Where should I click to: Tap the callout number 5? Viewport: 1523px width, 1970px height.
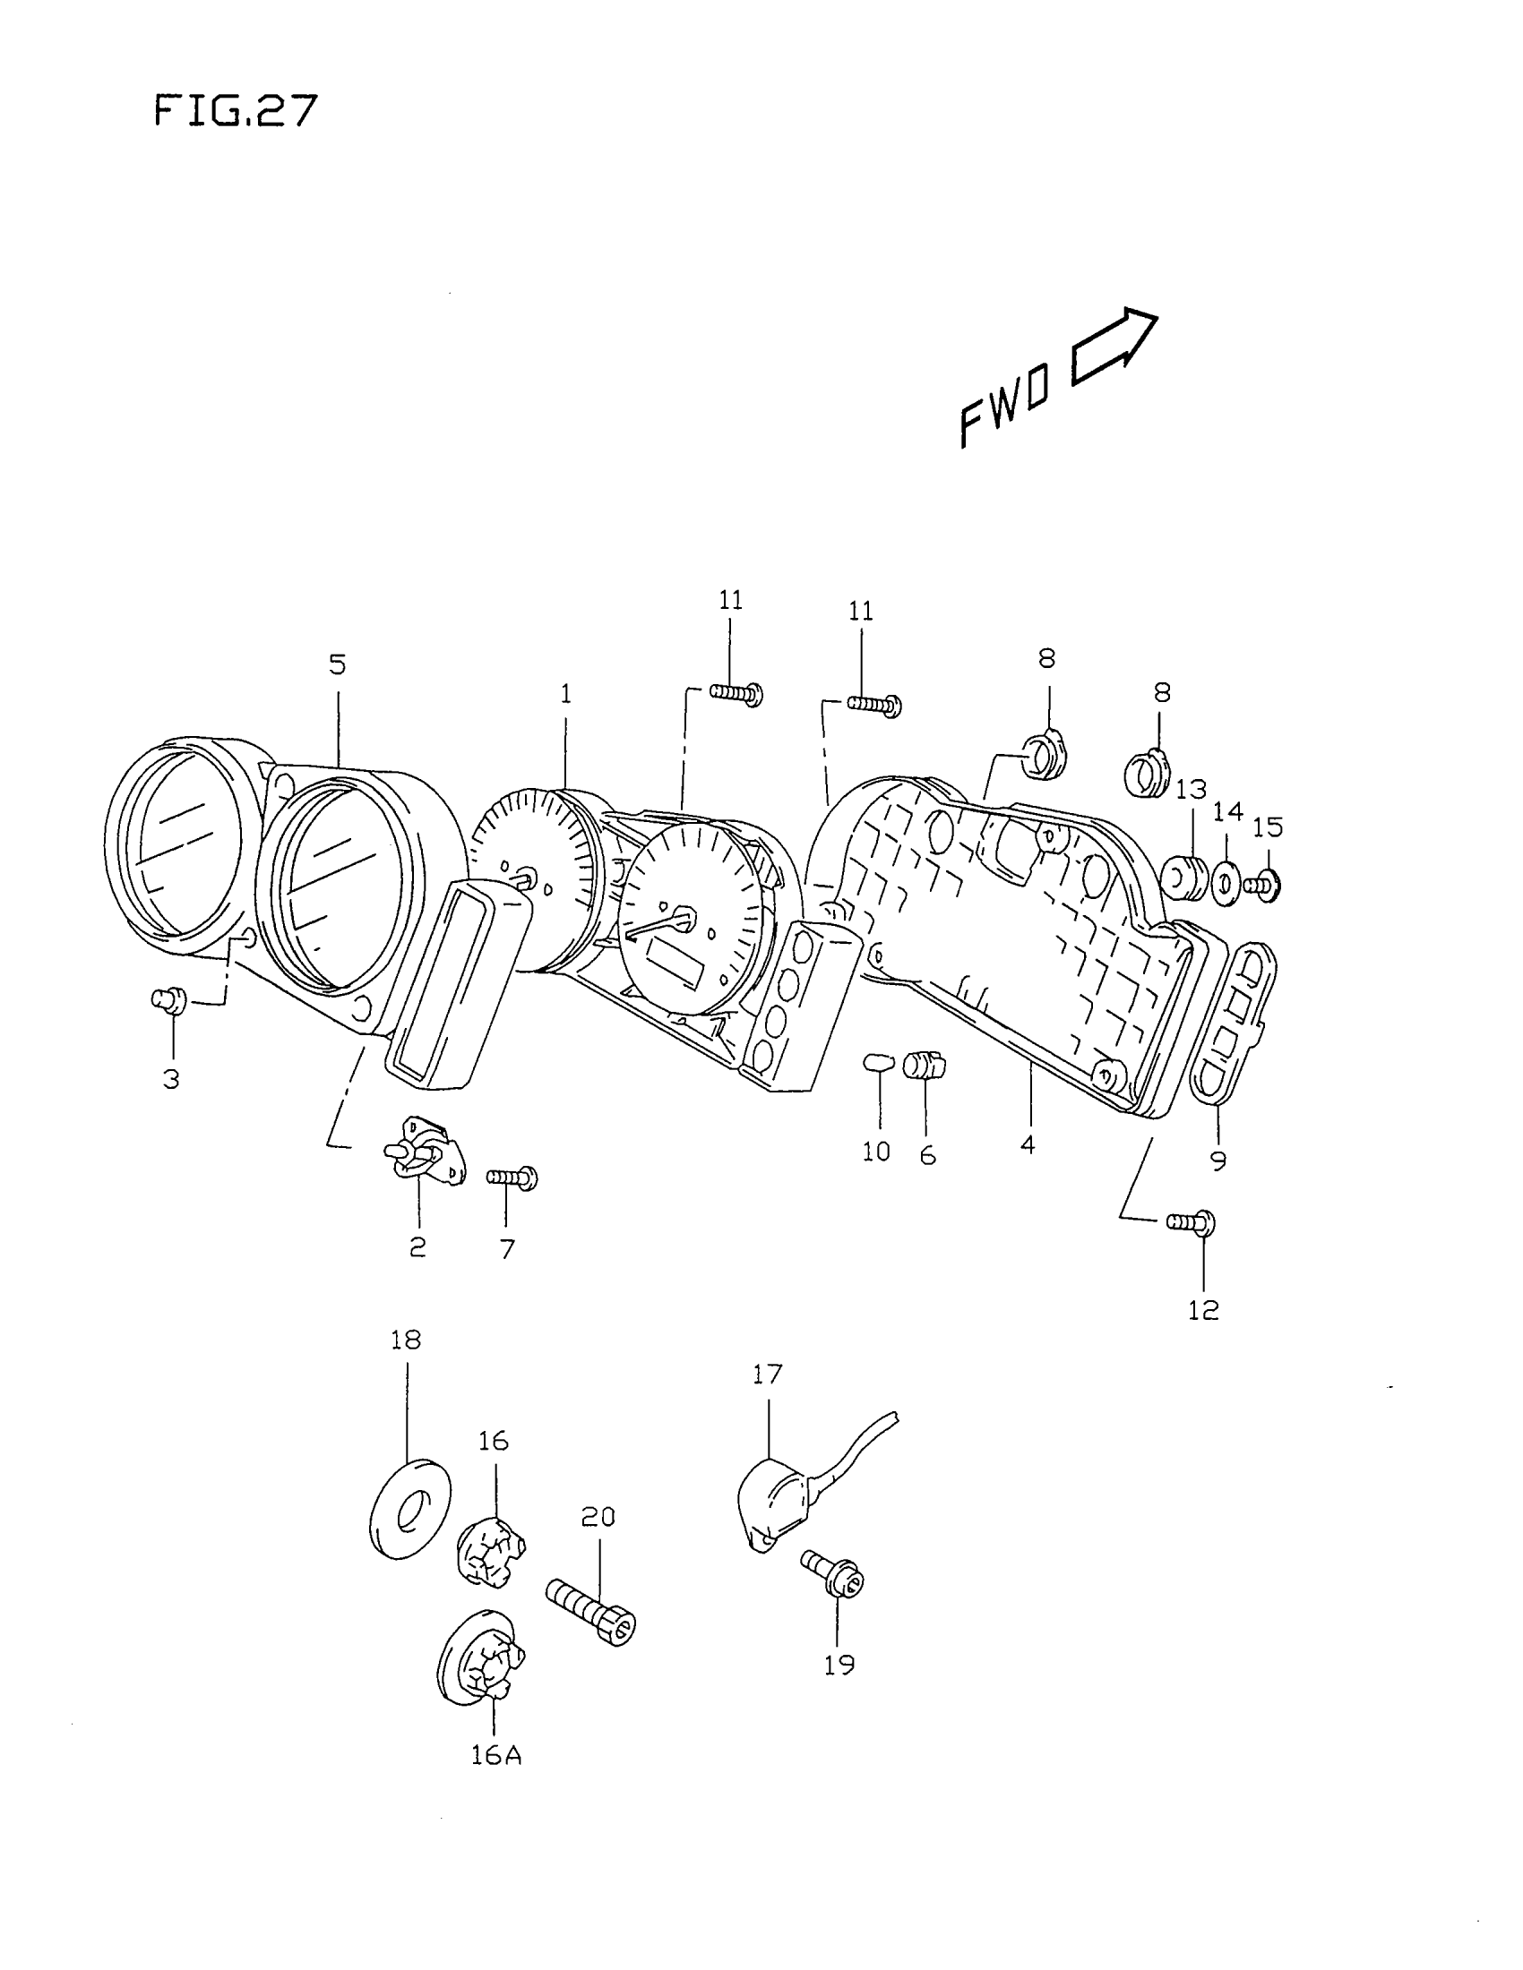[337, 664]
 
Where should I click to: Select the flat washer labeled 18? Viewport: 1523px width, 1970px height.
[411, 1510]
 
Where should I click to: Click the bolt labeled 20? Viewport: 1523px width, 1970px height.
[592, 1612]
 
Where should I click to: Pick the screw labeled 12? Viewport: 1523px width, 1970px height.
[1191, 1223]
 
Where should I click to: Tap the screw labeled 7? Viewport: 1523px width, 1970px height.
[512, 1178]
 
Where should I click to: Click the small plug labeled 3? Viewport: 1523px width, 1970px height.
[168, 999]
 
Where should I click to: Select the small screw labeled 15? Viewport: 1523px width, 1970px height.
[1262, 886]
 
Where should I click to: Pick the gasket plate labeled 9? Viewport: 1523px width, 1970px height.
[1234, 1022]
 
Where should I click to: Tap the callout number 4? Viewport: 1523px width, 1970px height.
[1028, 1144]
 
